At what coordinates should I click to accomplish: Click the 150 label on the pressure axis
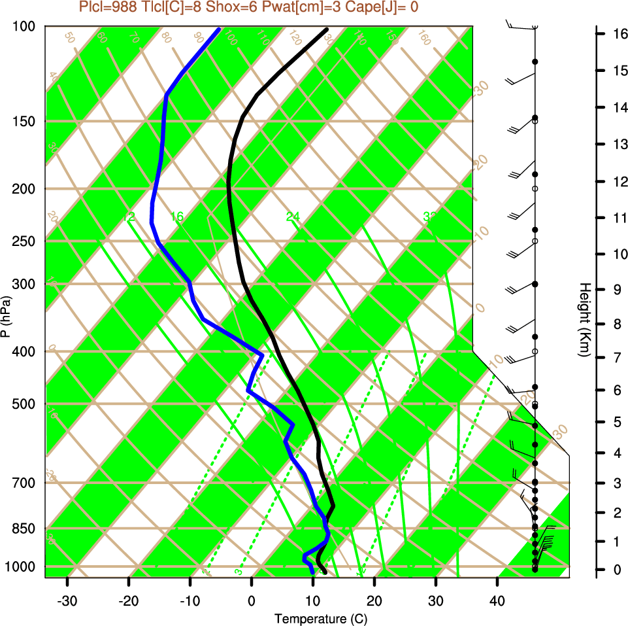25,121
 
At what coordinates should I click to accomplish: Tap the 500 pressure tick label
25,404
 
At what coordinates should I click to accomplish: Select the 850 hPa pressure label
25,528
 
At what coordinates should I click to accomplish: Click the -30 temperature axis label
67,600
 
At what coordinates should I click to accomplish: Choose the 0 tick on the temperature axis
252,600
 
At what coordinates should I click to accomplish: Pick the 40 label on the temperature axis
497,600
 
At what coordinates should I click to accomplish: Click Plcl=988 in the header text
107,7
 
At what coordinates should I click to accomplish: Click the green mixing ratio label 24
293,217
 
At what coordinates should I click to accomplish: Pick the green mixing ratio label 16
177,217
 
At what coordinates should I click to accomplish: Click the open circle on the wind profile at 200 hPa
535,188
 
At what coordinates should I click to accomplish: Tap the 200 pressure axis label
25,189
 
